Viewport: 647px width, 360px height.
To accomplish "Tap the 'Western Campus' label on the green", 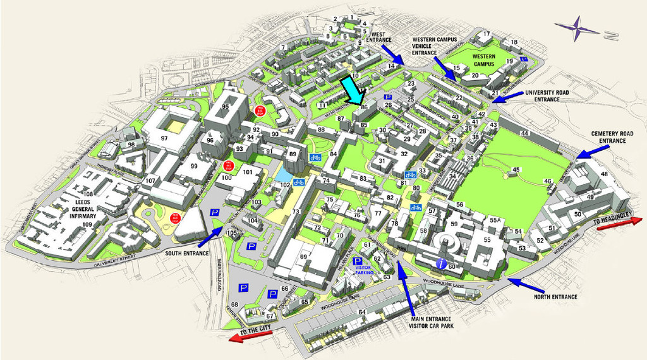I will pyautogui.click(x=483, y=61).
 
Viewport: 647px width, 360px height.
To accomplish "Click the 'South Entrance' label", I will pyautogui.click(x=186, y=253).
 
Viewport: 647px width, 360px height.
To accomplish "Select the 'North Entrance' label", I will pyautogui.click(x=555, y=296).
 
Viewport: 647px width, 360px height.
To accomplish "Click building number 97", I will pyautogui.click(x=164, y=138).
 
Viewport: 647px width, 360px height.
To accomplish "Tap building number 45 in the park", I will pyautogui.click(x=516, y=169).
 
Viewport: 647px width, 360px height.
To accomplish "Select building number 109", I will pyautogui.click(x=87, y=224).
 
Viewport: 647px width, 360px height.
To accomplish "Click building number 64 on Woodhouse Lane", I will pyautogui.click(x=361, y=311).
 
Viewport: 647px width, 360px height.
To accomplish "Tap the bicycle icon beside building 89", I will pyautogui.click(x=315, y=157).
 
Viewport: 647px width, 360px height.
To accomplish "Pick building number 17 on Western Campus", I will pyautogui.click(x=486, y=34).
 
